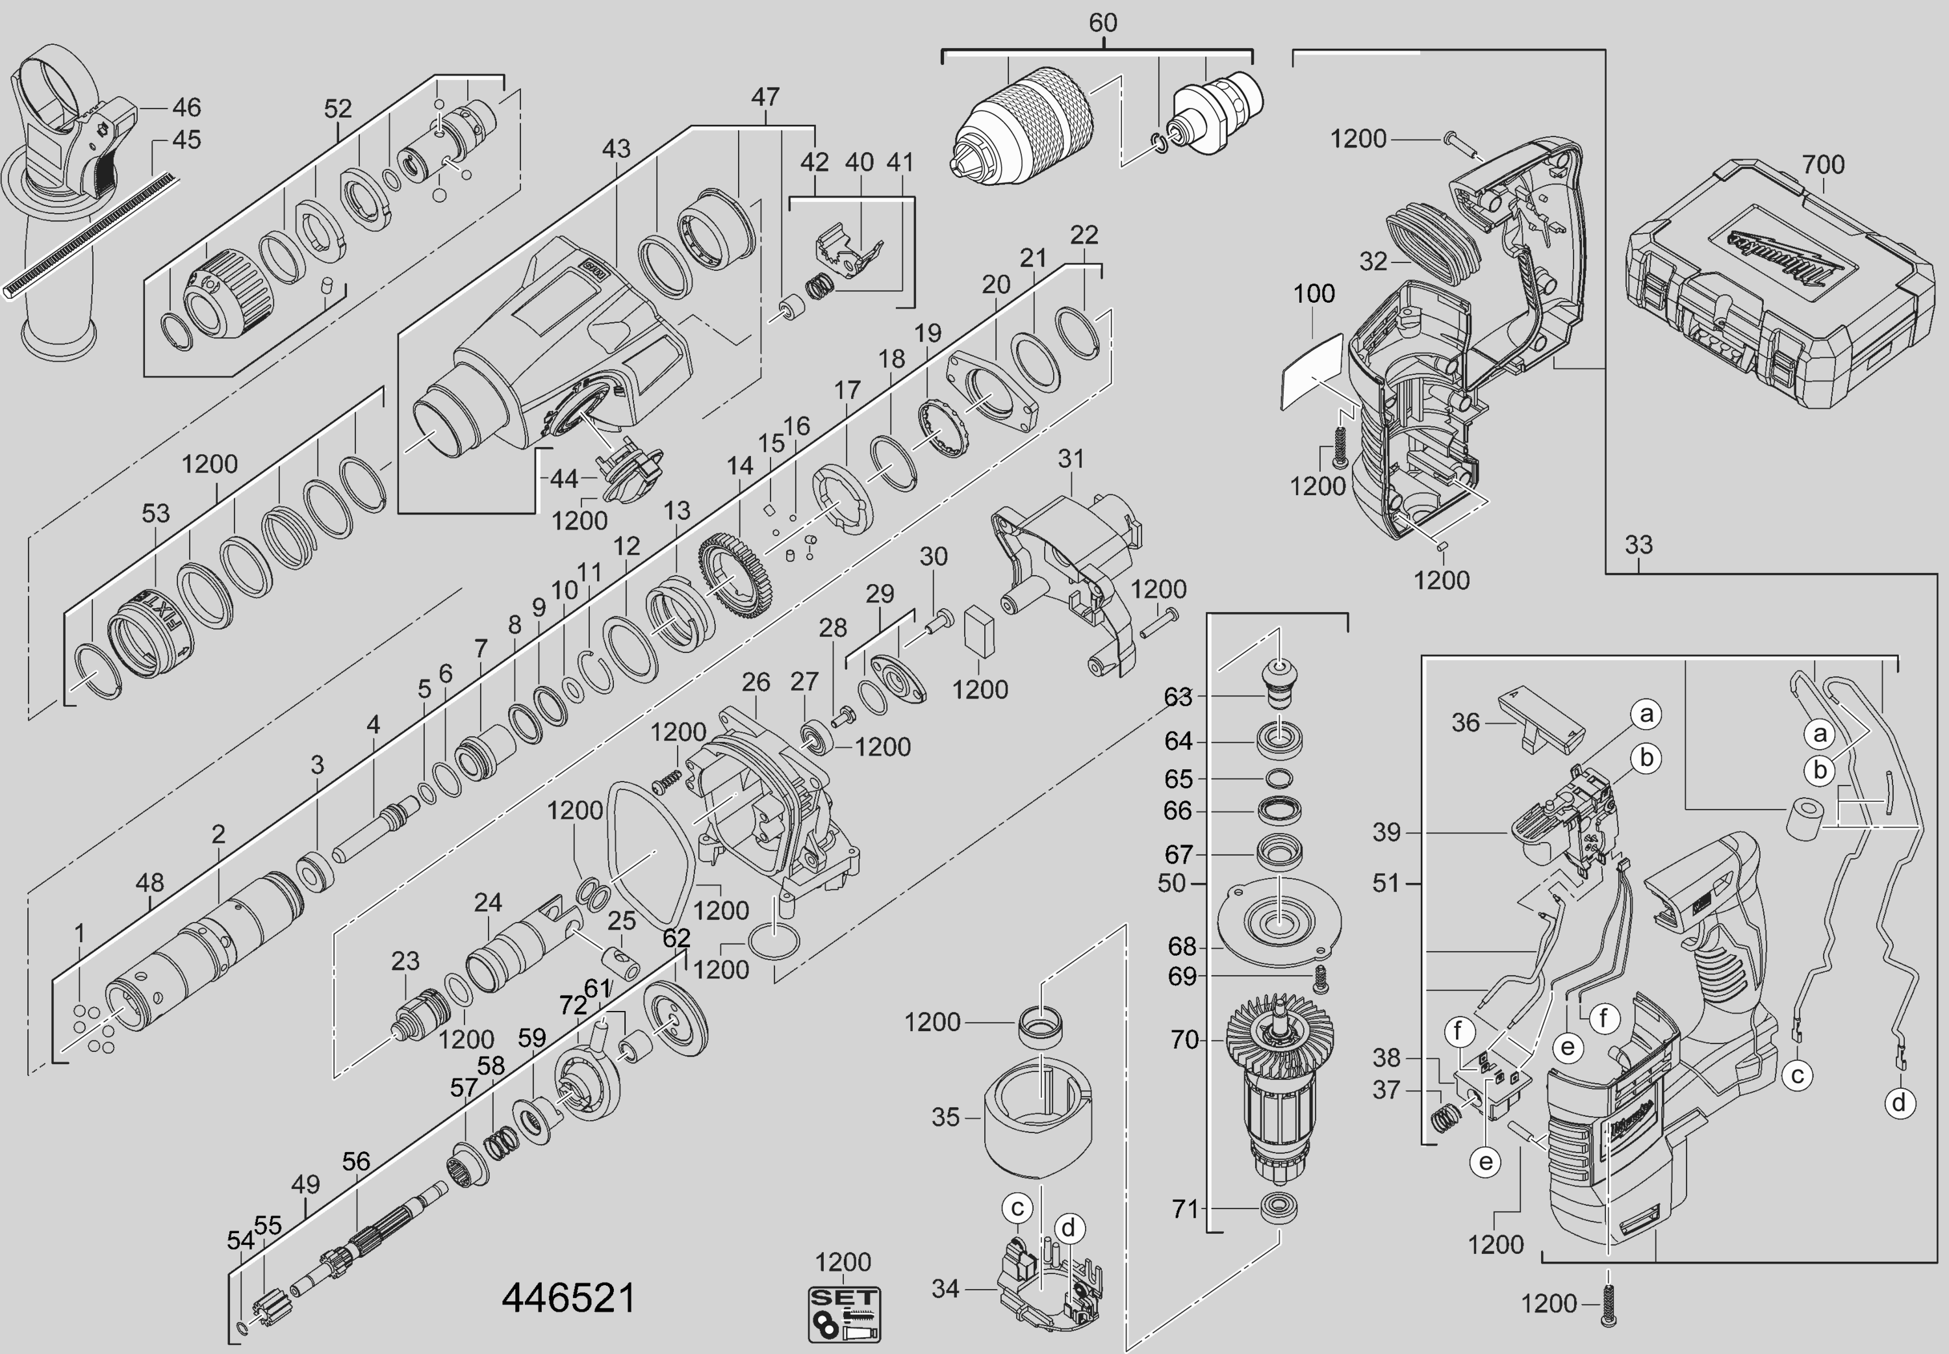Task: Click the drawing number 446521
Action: coord(568,1298)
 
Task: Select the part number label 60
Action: coord(1102,23)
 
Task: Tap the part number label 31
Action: coord(1071,459)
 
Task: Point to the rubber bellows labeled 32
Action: coord(1433,242)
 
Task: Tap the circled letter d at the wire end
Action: coord(1898,1103)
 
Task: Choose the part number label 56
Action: coord(356,1162)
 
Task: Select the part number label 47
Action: coord(765,97)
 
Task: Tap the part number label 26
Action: coord(756,682)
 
